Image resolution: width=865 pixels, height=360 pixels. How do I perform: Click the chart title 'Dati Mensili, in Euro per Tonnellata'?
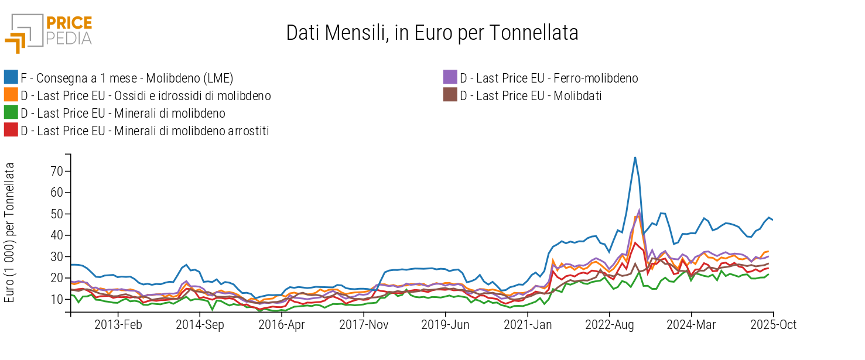pos(432,33)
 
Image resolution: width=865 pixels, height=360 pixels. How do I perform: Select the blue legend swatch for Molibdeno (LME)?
pos(11,78)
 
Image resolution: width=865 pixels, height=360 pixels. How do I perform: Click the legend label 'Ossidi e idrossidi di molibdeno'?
pos(145,95)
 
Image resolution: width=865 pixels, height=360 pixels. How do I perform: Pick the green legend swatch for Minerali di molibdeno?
pos(11,113)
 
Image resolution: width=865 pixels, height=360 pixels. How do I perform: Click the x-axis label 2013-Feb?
pos(118,325)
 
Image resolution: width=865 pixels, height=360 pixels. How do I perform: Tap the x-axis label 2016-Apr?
pos(282,325)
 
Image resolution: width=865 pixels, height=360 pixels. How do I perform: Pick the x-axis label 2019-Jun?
pos(446,325)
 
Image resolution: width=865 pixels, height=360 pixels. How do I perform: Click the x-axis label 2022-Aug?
pos(610,325)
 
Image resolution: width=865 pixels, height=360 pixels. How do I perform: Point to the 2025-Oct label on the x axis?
pos(773,325)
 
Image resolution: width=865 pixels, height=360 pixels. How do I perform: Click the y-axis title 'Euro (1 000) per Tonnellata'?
pos(9,232)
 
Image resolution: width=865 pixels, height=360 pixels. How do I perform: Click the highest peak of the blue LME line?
pos(635,157)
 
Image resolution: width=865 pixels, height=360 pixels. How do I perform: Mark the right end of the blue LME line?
pos(773,220)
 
